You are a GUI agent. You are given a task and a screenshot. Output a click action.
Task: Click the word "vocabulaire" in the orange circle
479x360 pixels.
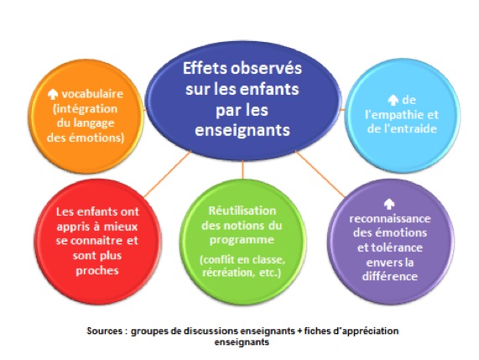(x=92, y=94)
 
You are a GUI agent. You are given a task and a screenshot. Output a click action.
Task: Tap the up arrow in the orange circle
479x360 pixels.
(x=53, y=94)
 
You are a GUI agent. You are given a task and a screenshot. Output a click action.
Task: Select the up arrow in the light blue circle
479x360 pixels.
(x=393, y=100)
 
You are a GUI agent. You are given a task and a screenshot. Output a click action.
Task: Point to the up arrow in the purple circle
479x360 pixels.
(x=389, y=204)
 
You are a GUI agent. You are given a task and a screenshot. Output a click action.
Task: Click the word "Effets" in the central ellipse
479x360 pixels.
(x=205, y=68)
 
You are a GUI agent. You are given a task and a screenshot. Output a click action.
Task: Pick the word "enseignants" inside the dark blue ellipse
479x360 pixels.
(x=242, y=130)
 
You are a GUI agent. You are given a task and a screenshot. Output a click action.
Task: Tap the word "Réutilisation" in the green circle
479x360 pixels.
(x=242, y=211)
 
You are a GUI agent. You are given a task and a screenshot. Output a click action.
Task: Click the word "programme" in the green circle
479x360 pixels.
(x=242, y=240)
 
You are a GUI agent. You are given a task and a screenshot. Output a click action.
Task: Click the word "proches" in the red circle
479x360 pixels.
(x=97, y=270)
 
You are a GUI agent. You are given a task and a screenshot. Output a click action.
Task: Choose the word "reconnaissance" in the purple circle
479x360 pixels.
(x=390, y=219)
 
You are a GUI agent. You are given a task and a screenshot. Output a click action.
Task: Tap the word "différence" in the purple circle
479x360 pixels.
(x=390, y=276)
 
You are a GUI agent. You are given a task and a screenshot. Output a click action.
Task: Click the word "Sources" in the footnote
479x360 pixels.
(x=105, y=331)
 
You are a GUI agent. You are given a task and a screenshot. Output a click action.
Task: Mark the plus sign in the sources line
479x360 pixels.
(x=299, y=331)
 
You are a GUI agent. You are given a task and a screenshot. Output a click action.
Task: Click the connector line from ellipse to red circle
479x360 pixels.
(x=168, y=174)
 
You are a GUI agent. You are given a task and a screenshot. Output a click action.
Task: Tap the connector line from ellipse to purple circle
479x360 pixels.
(x=320, y=174)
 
